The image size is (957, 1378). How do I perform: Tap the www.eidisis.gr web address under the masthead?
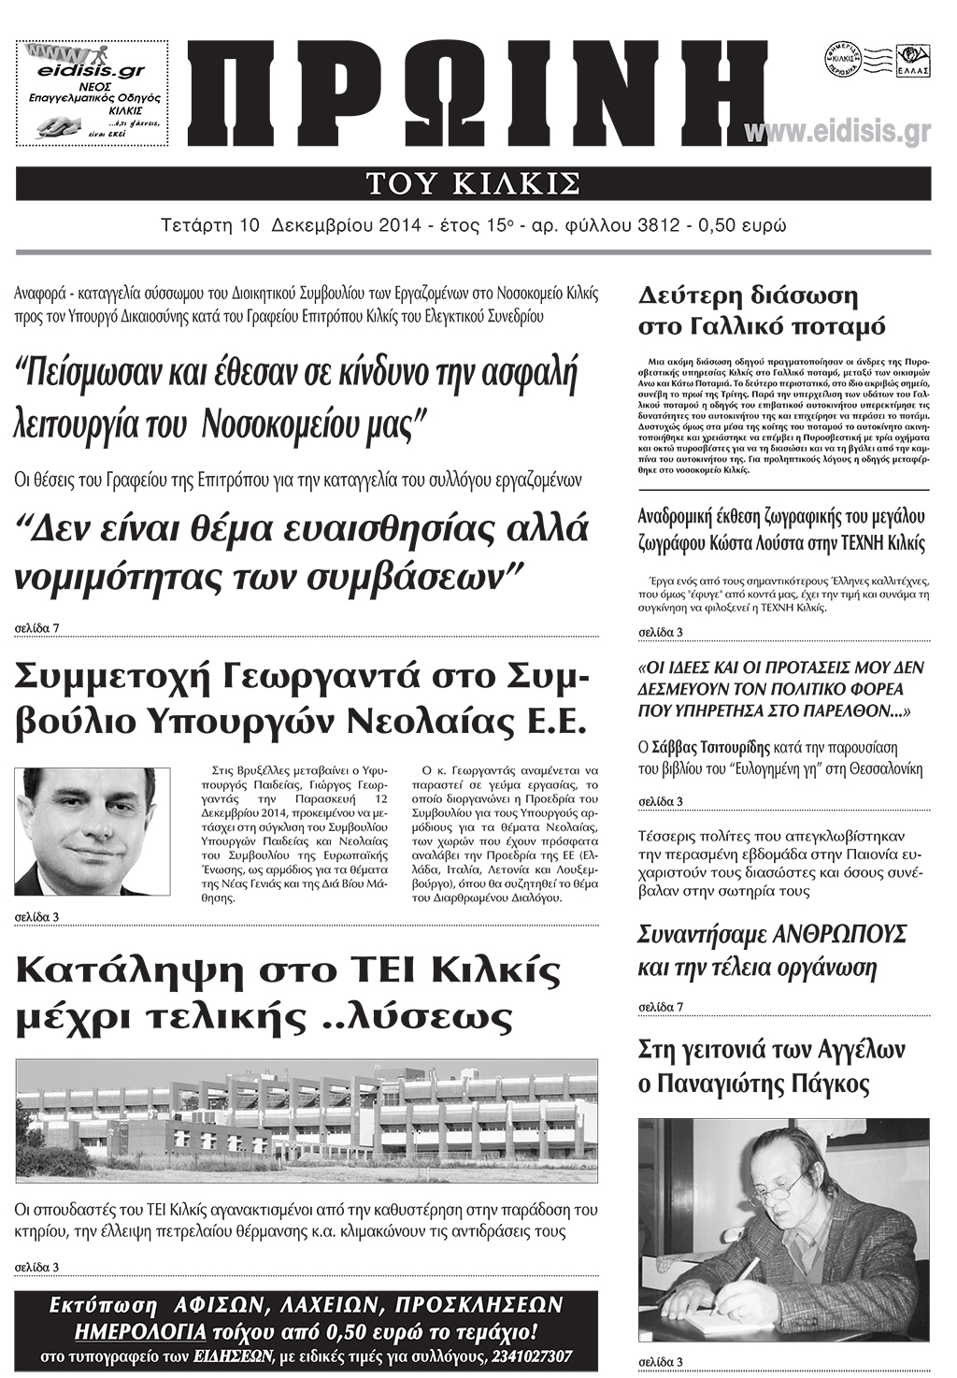838,133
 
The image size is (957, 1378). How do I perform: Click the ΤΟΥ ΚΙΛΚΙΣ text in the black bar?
473,183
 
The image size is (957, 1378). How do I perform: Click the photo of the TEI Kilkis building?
307,1120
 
